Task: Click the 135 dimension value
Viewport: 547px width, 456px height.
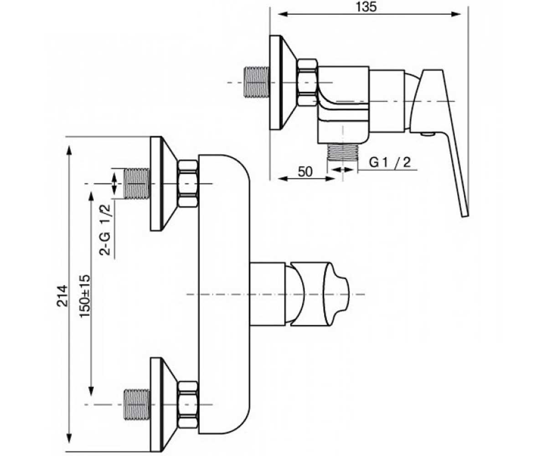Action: pyautogui.click(x=366, y=7)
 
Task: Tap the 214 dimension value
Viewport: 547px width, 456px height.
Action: pyautogui.click(x=62, y=296)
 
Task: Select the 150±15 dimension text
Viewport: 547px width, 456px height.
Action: pyautogui.click(x=85, y=296)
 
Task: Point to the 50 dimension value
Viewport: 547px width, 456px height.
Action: pyautogui.click(x=305, y=172)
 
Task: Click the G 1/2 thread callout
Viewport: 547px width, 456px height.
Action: pyautogui.click(x=390, y=162)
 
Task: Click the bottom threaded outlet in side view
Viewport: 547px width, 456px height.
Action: pyautogui.click(x=343, y=152)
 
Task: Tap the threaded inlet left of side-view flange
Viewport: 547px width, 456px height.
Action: pyautogui.click(x=257, y=82)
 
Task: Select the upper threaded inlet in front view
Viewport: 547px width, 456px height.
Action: pyautogui.click(x=137, y=184)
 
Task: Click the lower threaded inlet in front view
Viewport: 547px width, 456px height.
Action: pyautogui.click(x=137, y=404)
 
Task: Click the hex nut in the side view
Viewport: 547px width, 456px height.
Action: pyautogui.click(x=308, y=83)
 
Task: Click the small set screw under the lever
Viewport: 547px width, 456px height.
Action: pyautogui.click(x=428, y=134)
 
